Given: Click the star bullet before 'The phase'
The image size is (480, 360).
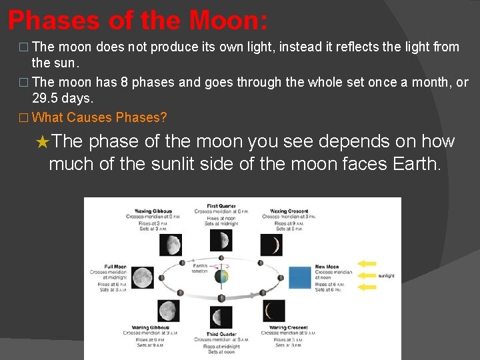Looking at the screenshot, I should point(42,143).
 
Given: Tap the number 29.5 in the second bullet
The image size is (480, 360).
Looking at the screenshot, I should point(49,98).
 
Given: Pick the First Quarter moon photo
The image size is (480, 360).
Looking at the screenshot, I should point(221,240).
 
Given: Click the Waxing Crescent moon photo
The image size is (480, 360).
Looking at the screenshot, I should point(272,245).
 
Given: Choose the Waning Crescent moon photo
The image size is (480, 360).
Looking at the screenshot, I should point(273,311).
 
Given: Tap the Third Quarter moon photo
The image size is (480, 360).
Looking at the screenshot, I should point(221,316).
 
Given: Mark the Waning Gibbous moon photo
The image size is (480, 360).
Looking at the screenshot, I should point(169,311).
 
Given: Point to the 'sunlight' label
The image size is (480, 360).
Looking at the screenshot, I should point(387,275).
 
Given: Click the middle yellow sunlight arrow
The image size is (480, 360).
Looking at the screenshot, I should point(367,275).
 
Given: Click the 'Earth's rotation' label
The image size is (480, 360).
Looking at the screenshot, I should point(200,268).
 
